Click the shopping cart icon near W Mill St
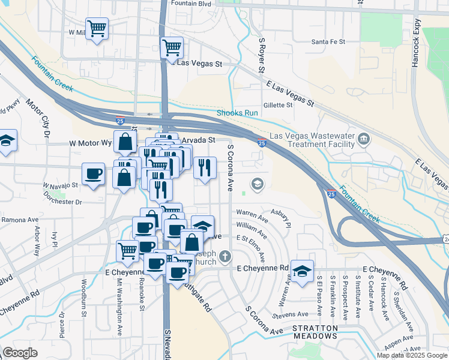tap(97, 28)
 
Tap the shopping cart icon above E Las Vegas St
tap(172, 47)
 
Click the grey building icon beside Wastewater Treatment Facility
tap(364, 140)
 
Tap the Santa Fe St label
tap(328, 41)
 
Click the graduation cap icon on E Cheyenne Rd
tap(302, 271)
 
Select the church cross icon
tap(225, 257)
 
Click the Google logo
tap(20, 353)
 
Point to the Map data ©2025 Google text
tap(412, 355)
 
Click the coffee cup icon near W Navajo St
tap(94, 173)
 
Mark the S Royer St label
tap(262, 55)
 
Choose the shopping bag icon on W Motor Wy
tap(125, 143)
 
